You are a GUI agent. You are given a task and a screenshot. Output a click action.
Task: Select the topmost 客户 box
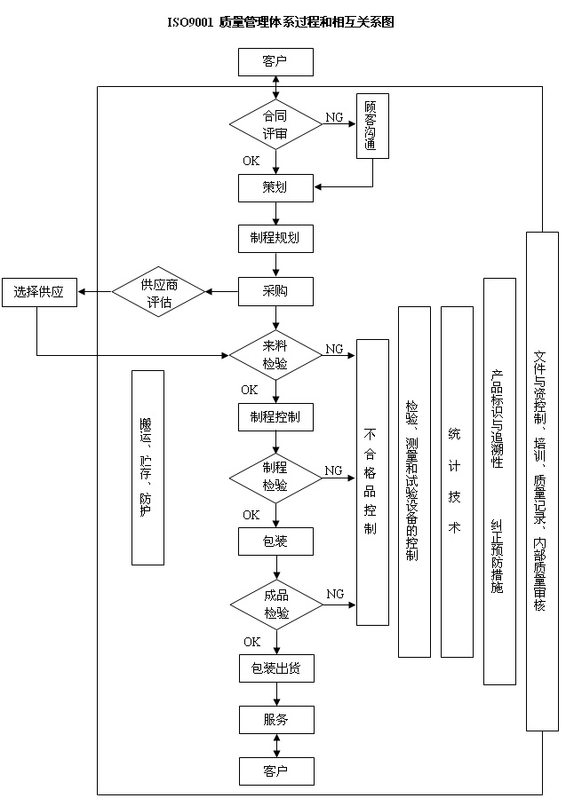pos(275,62)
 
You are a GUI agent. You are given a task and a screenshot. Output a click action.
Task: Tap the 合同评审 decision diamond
pos(275,125)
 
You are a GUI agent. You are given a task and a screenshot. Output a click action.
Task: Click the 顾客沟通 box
pos(372,126)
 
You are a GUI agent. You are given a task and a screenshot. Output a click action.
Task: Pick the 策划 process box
pos(275,187)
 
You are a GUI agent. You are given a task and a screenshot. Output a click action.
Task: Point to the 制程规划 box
pos(275,238)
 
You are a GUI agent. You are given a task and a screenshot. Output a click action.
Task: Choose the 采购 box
pos(275,291)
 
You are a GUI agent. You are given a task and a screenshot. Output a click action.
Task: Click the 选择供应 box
pos(38,292)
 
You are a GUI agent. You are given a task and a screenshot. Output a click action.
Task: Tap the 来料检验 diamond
pos(275,356)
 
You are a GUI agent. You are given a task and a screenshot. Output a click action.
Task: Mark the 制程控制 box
pos(275,417)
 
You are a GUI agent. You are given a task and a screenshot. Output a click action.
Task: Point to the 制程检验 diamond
pos(275,477)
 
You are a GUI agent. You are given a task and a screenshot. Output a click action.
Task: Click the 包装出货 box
pos(275,668)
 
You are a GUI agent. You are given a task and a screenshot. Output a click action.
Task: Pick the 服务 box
pos(275,720)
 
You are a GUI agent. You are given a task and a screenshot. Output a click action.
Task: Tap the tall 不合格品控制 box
pos(372,482)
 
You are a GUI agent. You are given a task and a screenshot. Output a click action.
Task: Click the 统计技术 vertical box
pos(456,482)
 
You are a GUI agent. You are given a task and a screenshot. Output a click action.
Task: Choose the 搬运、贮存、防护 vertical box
pos(147,468)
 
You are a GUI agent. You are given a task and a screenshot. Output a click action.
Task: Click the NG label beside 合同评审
pos(334,117)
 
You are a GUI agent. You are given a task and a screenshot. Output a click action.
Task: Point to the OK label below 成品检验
pos(252,642)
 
